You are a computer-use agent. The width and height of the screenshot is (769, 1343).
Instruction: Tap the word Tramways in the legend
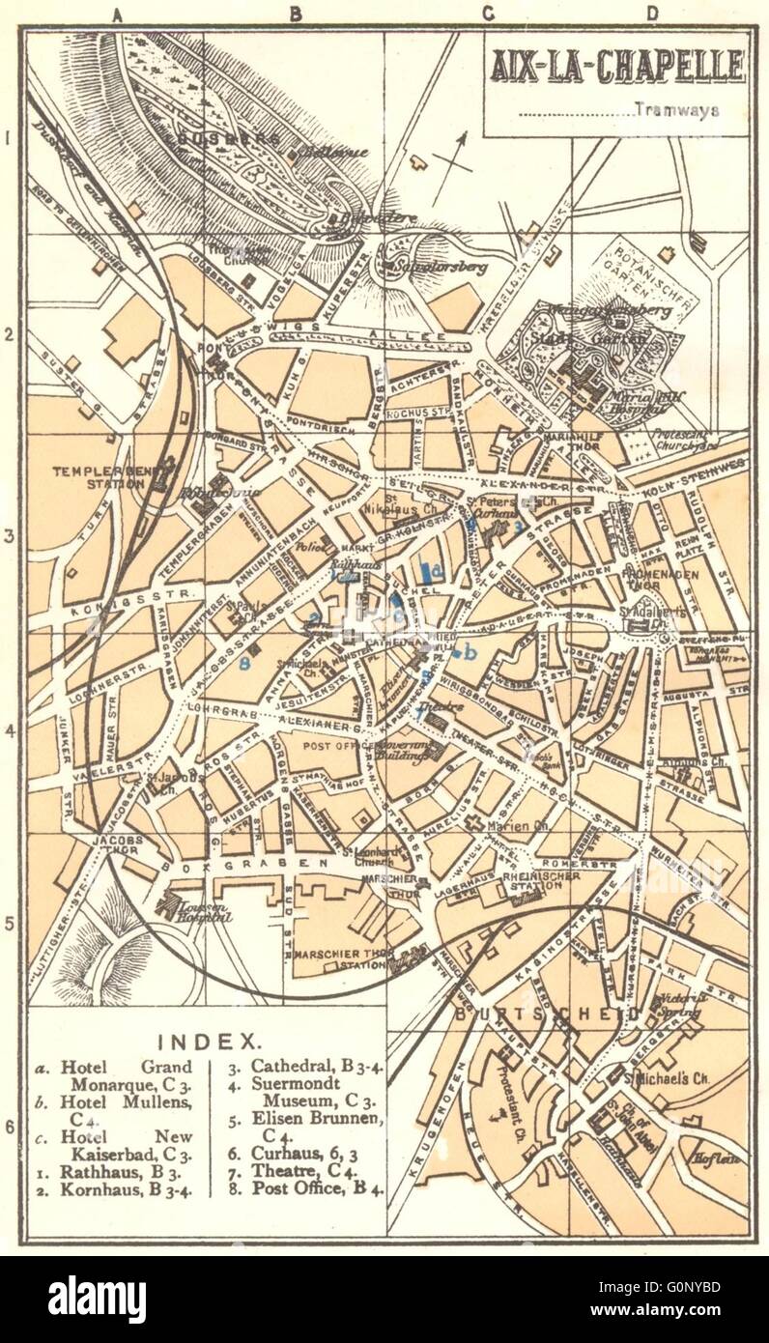pyautogui.click(x=677, y=110)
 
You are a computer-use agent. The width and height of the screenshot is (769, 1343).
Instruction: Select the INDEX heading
pyautogui.click(x=210, y=1042)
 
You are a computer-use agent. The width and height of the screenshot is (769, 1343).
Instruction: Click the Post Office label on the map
pyautogui.click(x=331, y=747)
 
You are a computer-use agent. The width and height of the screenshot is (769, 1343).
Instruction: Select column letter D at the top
pyautogui.click(x=653, y=14)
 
